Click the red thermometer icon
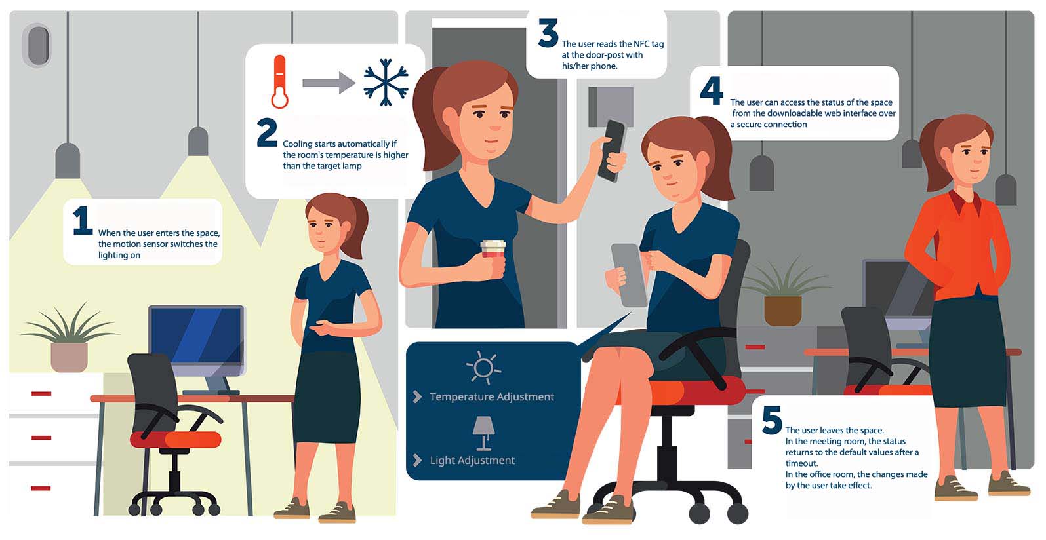(x=280, y=82)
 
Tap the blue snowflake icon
(x=386, y=82)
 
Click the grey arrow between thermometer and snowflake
(x=329, y=83)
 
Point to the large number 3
(x=548, y=33)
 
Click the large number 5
(x=772, y=419)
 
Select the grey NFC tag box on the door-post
(x=611, y=106)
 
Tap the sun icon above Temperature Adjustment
(x=483, y=367)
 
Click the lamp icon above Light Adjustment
(x=484, y=433)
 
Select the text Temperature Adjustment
(x=492, y=396)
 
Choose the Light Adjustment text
(x=472, y=460)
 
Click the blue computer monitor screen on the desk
(x=196, y=336)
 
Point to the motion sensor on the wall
(x=38, y=46)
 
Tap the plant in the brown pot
(x=784, y=292)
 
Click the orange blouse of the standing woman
(x=957, y=245)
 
